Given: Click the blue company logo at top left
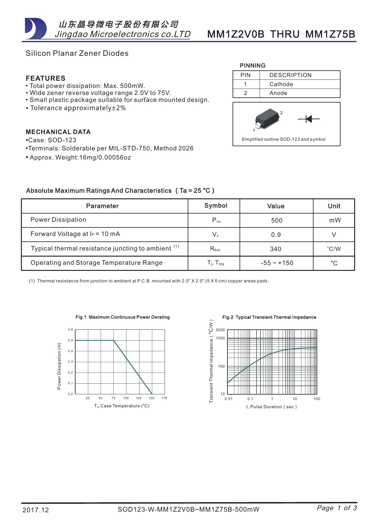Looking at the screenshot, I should point(36,29).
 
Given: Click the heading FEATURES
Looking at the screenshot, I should point(45,78).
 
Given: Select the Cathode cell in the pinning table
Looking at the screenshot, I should point(281,84).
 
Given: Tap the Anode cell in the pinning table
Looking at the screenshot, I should point(278,93).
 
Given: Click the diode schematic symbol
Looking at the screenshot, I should point(309,119).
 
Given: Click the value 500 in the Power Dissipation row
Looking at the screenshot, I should point(277,221).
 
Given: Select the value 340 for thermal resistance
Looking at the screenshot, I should point(276,249).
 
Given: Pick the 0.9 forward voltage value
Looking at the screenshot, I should point(276,235).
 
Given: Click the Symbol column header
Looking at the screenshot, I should point(216,206).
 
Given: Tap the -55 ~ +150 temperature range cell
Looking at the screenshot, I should point(277,263).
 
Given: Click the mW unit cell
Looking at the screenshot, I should point(335,220).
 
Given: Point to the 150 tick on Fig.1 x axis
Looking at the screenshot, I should point(152,398).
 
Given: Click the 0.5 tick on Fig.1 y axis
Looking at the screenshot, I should point(70,340).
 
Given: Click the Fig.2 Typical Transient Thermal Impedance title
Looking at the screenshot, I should point(269,317).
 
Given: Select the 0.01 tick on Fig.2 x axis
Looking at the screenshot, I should point(228,399).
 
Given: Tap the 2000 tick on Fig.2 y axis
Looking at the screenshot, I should point(220,330).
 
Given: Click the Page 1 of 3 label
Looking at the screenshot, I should point(337,508).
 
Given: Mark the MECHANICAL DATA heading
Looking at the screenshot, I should point(58,132).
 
